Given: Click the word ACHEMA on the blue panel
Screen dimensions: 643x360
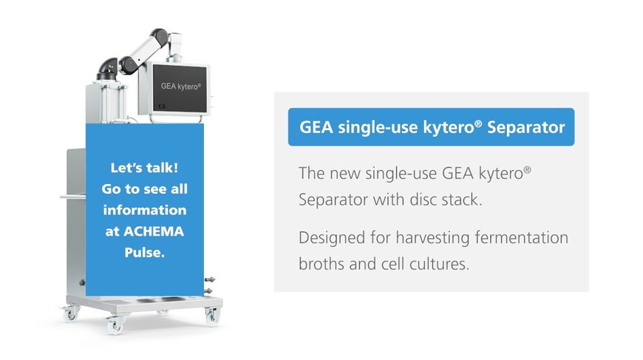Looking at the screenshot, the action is coord(154,231).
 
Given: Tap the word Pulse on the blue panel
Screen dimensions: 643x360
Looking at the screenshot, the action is coord(144,252).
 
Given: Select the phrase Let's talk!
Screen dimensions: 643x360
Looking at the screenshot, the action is coord(144,168).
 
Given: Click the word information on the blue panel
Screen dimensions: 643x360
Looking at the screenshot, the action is coord(145,210).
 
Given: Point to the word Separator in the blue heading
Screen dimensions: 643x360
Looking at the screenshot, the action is coord(526,127).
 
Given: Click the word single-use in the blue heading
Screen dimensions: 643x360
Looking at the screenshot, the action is coord(376,128).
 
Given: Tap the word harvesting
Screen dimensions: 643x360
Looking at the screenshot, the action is coord(432,237).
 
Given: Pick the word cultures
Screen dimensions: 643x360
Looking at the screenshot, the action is coord(439,264).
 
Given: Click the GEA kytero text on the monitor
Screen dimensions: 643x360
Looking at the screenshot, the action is coord(181,86).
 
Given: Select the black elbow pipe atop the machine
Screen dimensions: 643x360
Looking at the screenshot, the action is coord(107,69).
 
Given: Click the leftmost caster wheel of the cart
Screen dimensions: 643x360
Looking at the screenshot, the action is coord(70,314).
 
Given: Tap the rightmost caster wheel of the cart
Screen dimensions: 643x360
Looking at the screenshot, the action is coord(212,316).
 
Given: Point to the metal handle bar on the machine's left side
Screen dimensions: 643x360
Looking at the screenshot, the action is coord(73,197).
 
